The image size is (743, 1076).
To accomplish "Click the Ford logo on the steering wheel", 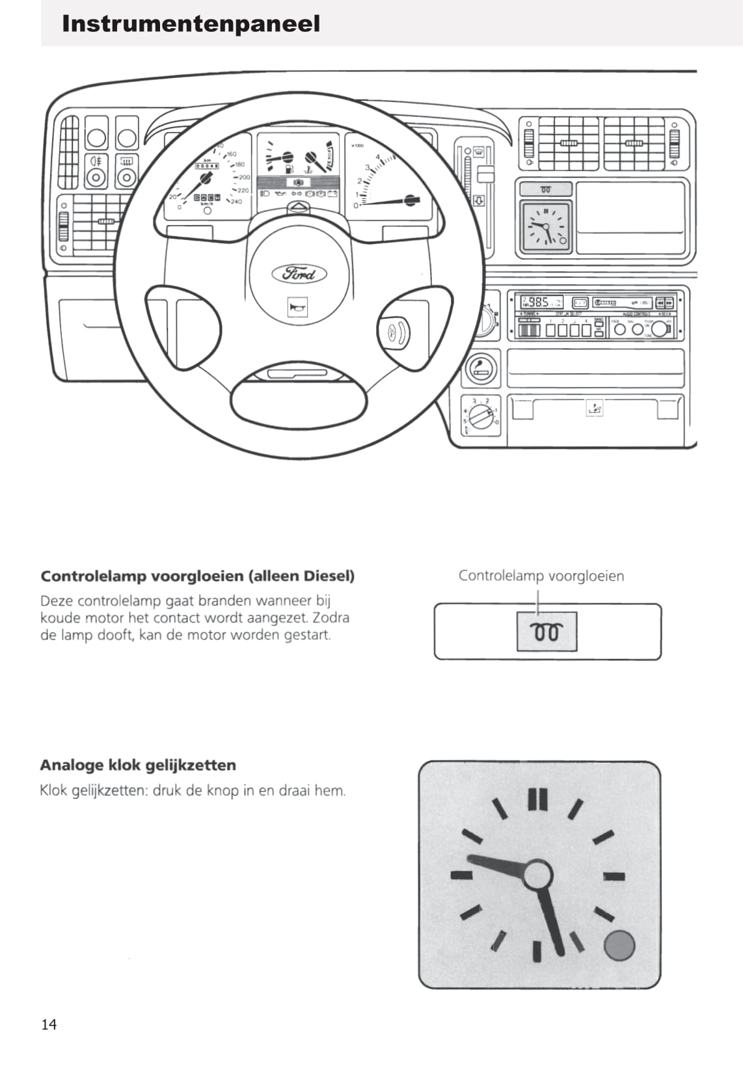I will pyautogui.click(x=299, y=274).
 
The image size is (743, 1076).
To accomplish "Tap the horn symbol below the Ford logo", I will pyautogui.click(x=297, y=308).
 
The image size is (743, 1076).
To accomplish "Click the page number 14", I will pyautogui.click(x=49, y=1025).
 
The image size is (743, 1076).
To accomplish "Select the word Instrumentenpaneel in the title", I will pyautogui.click(x=191, y=24).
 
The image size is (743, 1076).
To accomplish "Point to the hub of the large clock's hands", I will pyautogui.click(x=537, y=876).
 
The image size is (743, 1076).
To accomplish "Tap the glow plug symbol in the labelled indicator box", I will pyautogui.click(x=547, y=632).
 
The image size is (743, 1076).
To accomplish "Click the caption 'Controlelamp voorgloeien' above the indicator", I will pyautogui.click(x=541, y=576).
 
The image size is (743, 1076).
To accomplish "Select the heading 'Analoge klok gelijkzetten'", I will pyautogui.click(x=138, y=765).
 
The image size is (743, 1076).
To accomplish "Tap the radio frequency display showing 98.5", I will pyautogui.click(x=540, y=302).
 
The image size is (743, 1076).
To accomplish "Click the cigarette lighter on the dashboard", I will pyautogui.click(x=481, y=369).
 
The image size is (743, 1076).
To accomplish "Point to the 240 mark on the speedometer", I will pyautogui.click(x=235, y=202).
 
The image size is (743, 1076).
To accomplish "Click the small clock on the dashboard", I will pyautogui.click(x=546, y=226).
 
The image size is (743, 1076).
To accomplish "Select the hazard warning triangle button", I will pyautogui.click(x=297, y=208).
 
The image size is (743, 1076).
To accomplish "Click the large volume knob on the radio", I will pyautogui.click(x=662, y=329).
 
